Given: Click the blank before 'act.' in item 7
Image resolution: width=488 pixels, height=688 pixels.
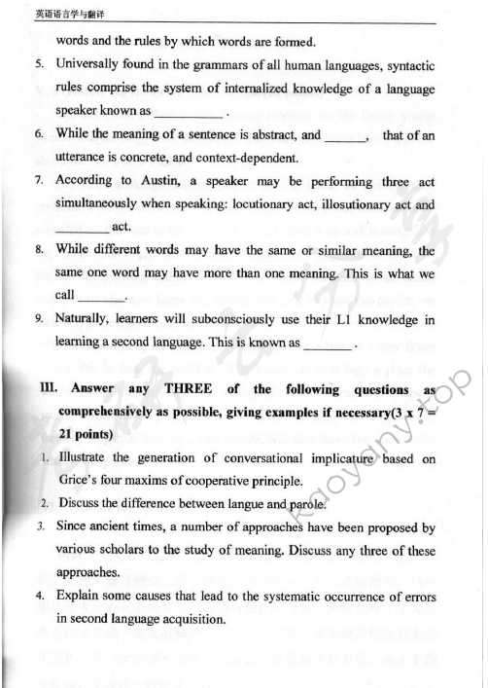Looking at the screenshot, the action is [x=82, y=229].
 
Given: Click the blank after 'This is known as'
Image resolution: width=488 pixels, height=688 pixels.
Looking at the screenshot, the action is [x=328, y=344].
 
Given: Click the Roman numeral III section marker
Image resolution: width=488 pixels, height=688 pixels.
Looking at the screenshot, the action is [x=46, y=390].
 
